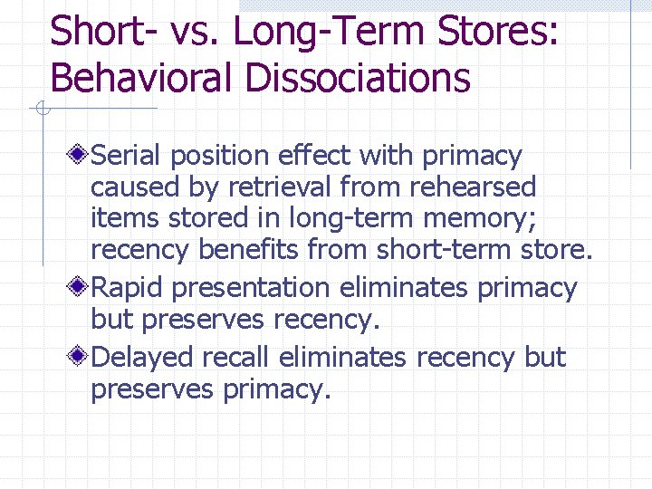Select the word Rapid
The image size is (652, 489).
tap(128, 288)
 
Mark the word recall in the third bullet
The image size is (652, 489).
tap(235, 358)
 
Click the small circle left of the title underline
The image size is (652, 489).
tap(42, 110)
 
